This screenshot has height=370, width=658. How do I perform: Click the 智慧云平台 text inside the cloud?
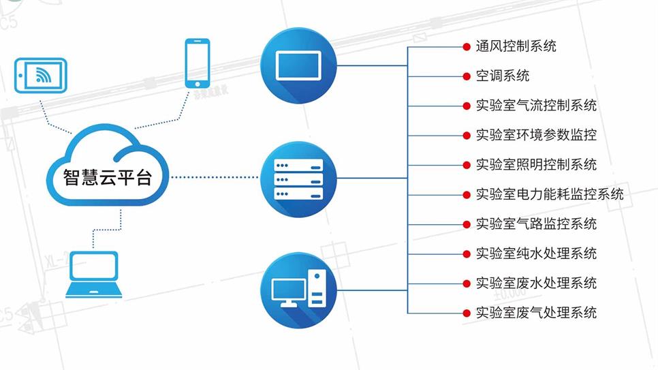pyautogui.click(x=108, y=177)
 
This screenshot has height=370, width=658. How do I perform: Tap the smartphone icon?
pyautogui.click(x=198, y=63)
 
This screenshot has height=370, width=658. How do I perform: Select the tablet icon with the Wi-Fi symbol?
pyautogui.click(x=41, y=75)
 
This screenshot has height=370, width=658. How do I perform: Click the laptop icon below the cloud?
pyautogui.click(x=94, y=275)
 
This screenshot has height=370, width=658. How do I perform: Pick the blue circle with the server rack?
pyautogui.click(x=298, y=179)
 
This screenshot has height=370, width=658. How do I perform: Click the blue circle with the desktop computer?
pyautogui.click(x=298, y=290)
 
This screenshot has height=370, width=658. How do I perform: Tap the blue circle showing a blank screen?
pyautogui.click(x=298, y=65)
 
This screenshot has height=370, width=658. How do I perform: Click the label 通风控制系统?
pyautogui.click(x=516, y=46)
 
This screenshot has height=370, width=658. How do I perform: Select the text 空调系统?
pyautogui.click(x=502, y=76)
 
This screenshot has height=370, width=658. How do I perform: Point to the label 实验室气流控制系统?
pyautogui.click(x=536, y=106)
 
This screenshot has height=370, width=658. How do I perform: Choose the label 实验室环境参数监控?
pyautogui.click(x=536, y=135)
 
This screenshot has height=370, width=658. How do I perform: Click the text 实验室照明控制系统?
pyautogui.click(x=536, y=165)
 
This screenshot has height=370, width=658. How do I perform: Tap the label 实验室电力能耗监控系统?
pyautogui.click(x=549, y=194)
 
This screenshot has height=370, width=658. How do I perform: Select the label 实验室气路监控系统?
pyautogui.click(x=536, y=224)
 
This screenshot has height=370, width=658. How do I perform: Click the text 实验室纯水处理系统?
pyautogui.click(x=536, y=253)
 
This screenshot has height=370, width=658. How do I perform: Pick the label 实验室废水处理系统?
pyautogui.click(x=536, y=283)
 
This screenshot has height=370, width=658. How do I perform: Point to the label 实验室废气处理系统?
pyautogui.click(x=536, y=313)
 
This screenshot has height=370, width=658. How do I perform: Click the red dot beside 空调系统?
pyautogui.click(x=466, y=76)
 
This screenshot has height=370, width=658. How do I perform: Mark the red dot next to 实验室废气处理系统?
pyautogui.click(x=466, y=313)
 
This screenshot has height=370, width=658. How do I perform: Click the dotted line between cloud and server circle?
pyautogui.click(x=215, y=177)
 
